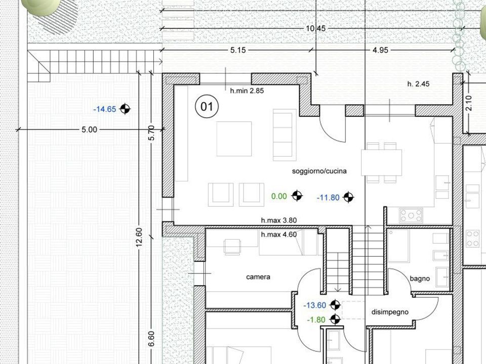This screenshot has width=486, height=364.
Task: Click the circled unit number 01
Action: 207,107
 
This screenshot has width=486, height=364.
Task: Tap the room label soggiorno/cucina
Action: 319,171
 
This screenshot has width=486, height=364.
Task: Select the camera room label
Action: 258,277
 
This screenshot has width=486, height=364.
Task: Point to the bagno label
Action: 420,279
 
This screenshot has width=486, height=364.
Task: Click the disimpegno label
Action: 390,312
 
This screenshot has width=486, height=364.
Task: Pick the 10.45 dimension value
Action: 316,28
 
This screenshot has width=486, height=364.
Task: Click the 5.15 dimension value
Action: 238,50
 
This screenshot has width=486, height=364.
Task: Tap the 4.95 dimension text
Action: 380,50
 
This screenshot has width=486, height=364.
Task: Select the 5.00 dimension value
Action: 89,130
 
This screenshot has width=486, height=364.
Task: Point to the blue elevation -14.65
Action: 105,109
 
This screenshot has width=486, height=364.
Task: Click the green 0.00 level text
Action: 279,196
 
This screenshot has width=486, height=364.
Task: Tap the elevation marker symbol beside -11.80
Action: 348,197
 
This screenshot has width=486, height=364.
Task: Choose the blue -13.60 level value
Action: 315,305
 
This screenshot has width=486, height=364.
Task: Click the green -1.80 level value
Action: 316,320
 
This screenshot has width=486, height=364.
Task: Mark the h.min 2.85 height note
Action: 247,90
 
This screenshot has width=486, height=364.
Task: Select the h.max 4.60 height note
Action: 279,235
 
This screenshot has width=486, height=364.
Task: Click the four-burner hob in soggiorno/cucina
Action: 411,215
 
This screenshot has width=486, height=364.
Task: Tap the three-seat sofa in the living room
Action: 282,134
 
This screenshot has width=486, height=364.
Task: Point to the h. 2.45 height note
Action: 418,84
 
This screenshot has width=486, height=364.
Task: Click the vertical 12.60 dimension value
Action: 139,238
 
